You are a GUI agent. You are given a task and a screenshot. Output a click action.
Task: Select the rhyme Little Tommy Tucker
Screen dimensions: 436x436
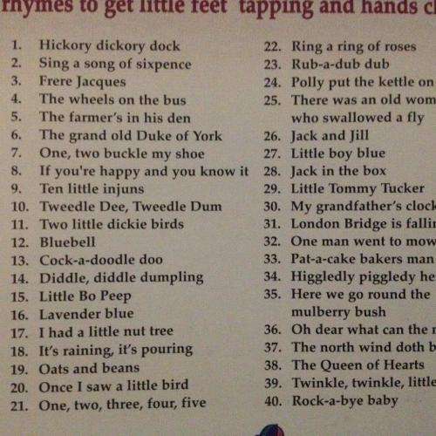(358, 188)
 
